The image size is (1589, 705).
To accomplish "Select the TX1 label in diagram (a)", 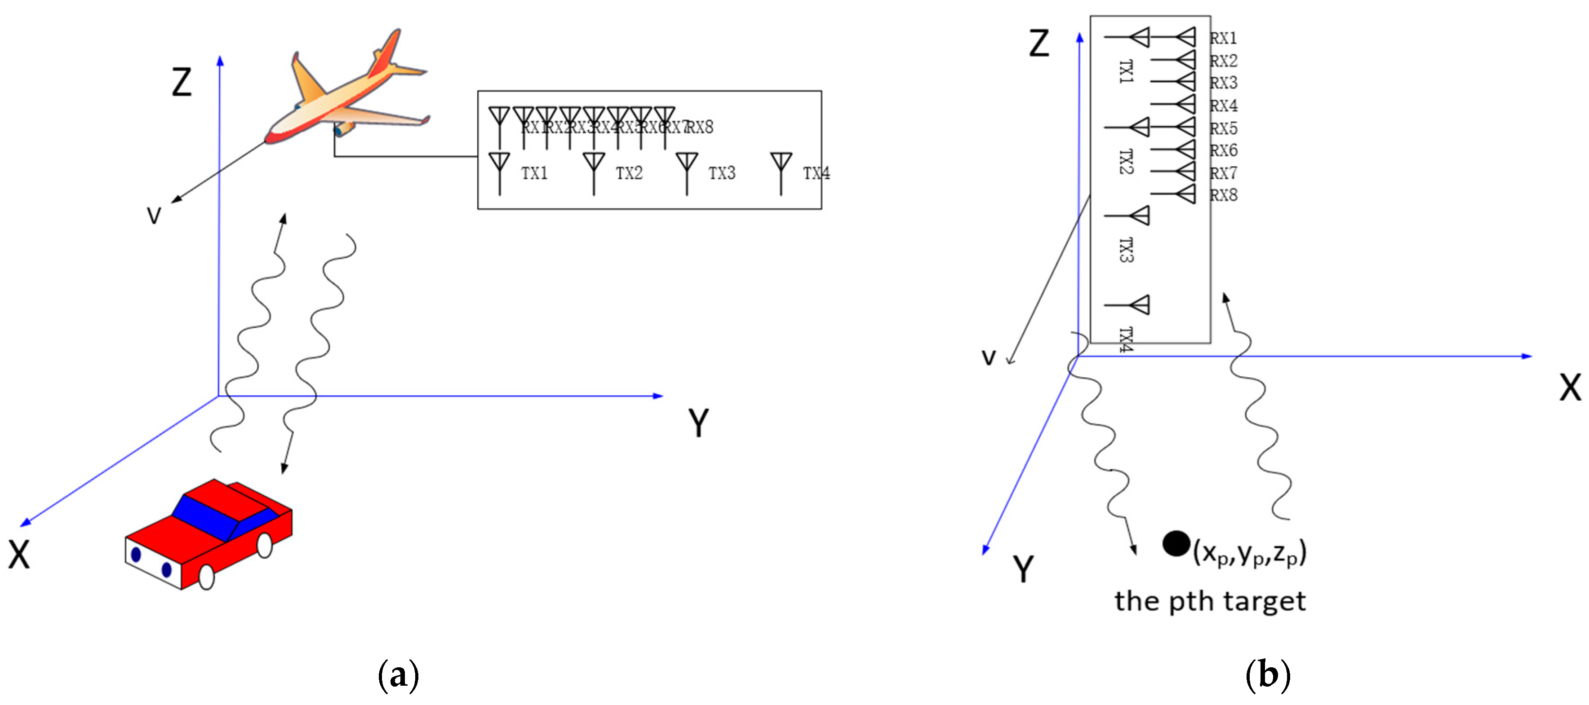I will (x=534, y=173).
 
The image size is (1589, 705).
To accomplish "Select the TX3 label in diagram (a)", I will (x=721, y=173).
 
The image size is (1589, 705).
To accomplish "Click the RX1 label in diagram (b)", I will (x=1223, y=38).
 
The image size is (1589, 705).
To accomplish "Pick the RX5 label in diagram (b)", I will (x=1223, y=128).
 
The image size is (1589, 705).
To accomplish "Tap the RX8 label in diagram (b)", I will (x=1223, y=195).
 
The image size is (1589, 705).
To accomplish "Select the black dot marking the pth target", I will (x=1176, y=543).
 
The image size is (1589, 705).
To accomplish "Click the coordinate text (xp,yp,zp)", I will (x=1250, y=552).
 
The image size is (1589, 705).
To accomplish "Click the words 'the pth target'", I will (x=1210, y=601).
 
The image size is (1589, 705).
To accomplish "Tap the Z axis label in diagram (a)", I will (x=182, y=82).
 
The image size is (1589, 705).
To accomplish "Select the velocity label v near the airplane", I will (x=154, y=215).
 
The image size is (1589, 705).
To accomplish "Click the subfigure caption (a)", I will (x=398, y=675).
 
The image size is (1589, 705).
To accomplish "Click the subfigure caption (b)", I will (x=1268, y=675).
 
